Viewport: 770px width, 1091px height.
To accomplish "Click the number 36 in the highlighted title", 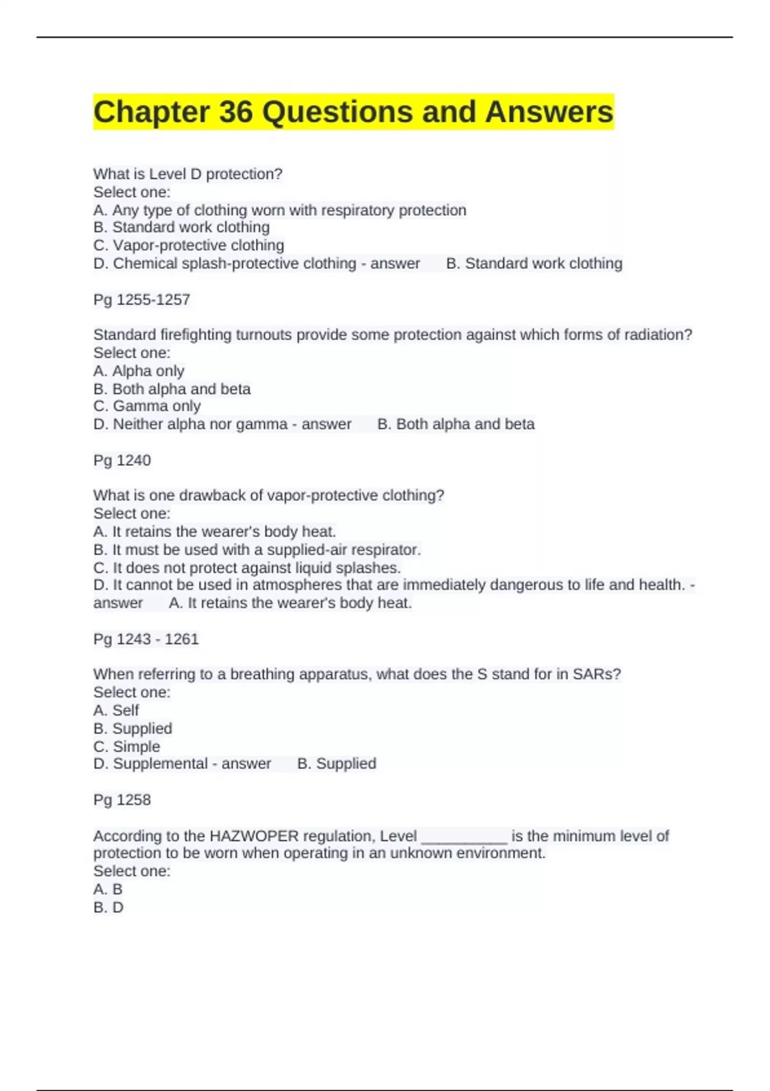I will pos(235,112).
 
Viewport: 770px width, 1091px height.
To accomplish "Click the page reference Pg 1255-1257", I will pos(142,300).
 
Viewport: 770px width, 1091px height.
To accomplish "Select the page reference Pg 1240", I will pos(122,460).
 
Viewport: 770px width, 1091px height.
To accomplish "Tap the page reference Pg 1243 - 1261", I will pos(146,639).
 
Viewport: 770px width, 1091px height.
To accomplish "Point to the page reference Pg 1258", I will pos(122,800).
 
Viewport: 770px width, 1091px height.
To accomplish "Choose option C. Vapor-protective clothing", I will pos(189,245).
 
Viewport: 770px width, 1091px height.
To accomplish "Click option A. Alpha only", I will pos(139,371).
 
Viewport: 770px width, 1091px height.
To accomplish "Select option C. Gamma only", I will pos(147,406).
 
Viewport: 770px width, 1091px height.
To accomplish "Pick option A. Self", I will pos(116,710).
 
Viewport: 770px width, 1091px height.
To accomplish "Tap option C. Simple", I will pos(126,746).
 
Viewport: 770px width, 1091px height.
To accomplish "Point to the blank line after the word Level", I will pos(464,837).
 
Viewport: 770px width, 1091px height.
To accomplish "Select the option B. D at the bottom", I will pos(108,907).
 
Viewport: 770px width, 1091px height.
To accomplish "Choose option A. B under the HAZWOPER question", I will pos(108,889).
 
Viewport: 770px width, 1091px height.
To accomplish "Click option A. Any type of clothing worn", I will pos(280,210).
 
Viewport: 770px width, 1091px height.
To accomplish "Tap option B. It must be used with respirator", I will pos(257,550).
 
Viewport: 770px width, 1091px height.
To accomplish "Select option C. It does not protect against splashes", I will pos(247,568).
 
